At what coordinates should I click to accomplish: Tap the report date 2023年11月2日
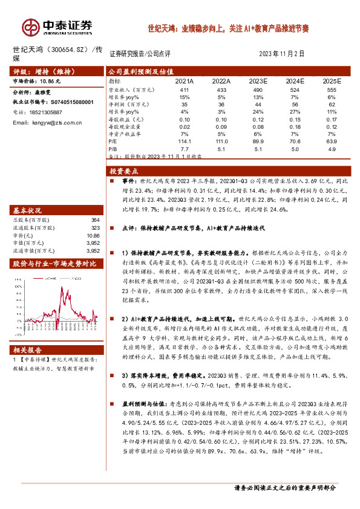click(281, 54)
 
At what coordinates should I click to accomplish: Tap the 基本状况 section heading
click(28, 210)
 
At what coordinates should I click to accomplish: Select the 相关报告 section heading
click(28, 349)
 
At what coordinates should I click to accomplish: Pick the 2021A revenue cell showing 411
click(185, 89)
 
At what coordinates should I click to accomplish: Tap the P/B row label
click(113, 148)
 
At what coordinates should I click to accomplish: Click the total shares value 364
click(95, 220)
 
